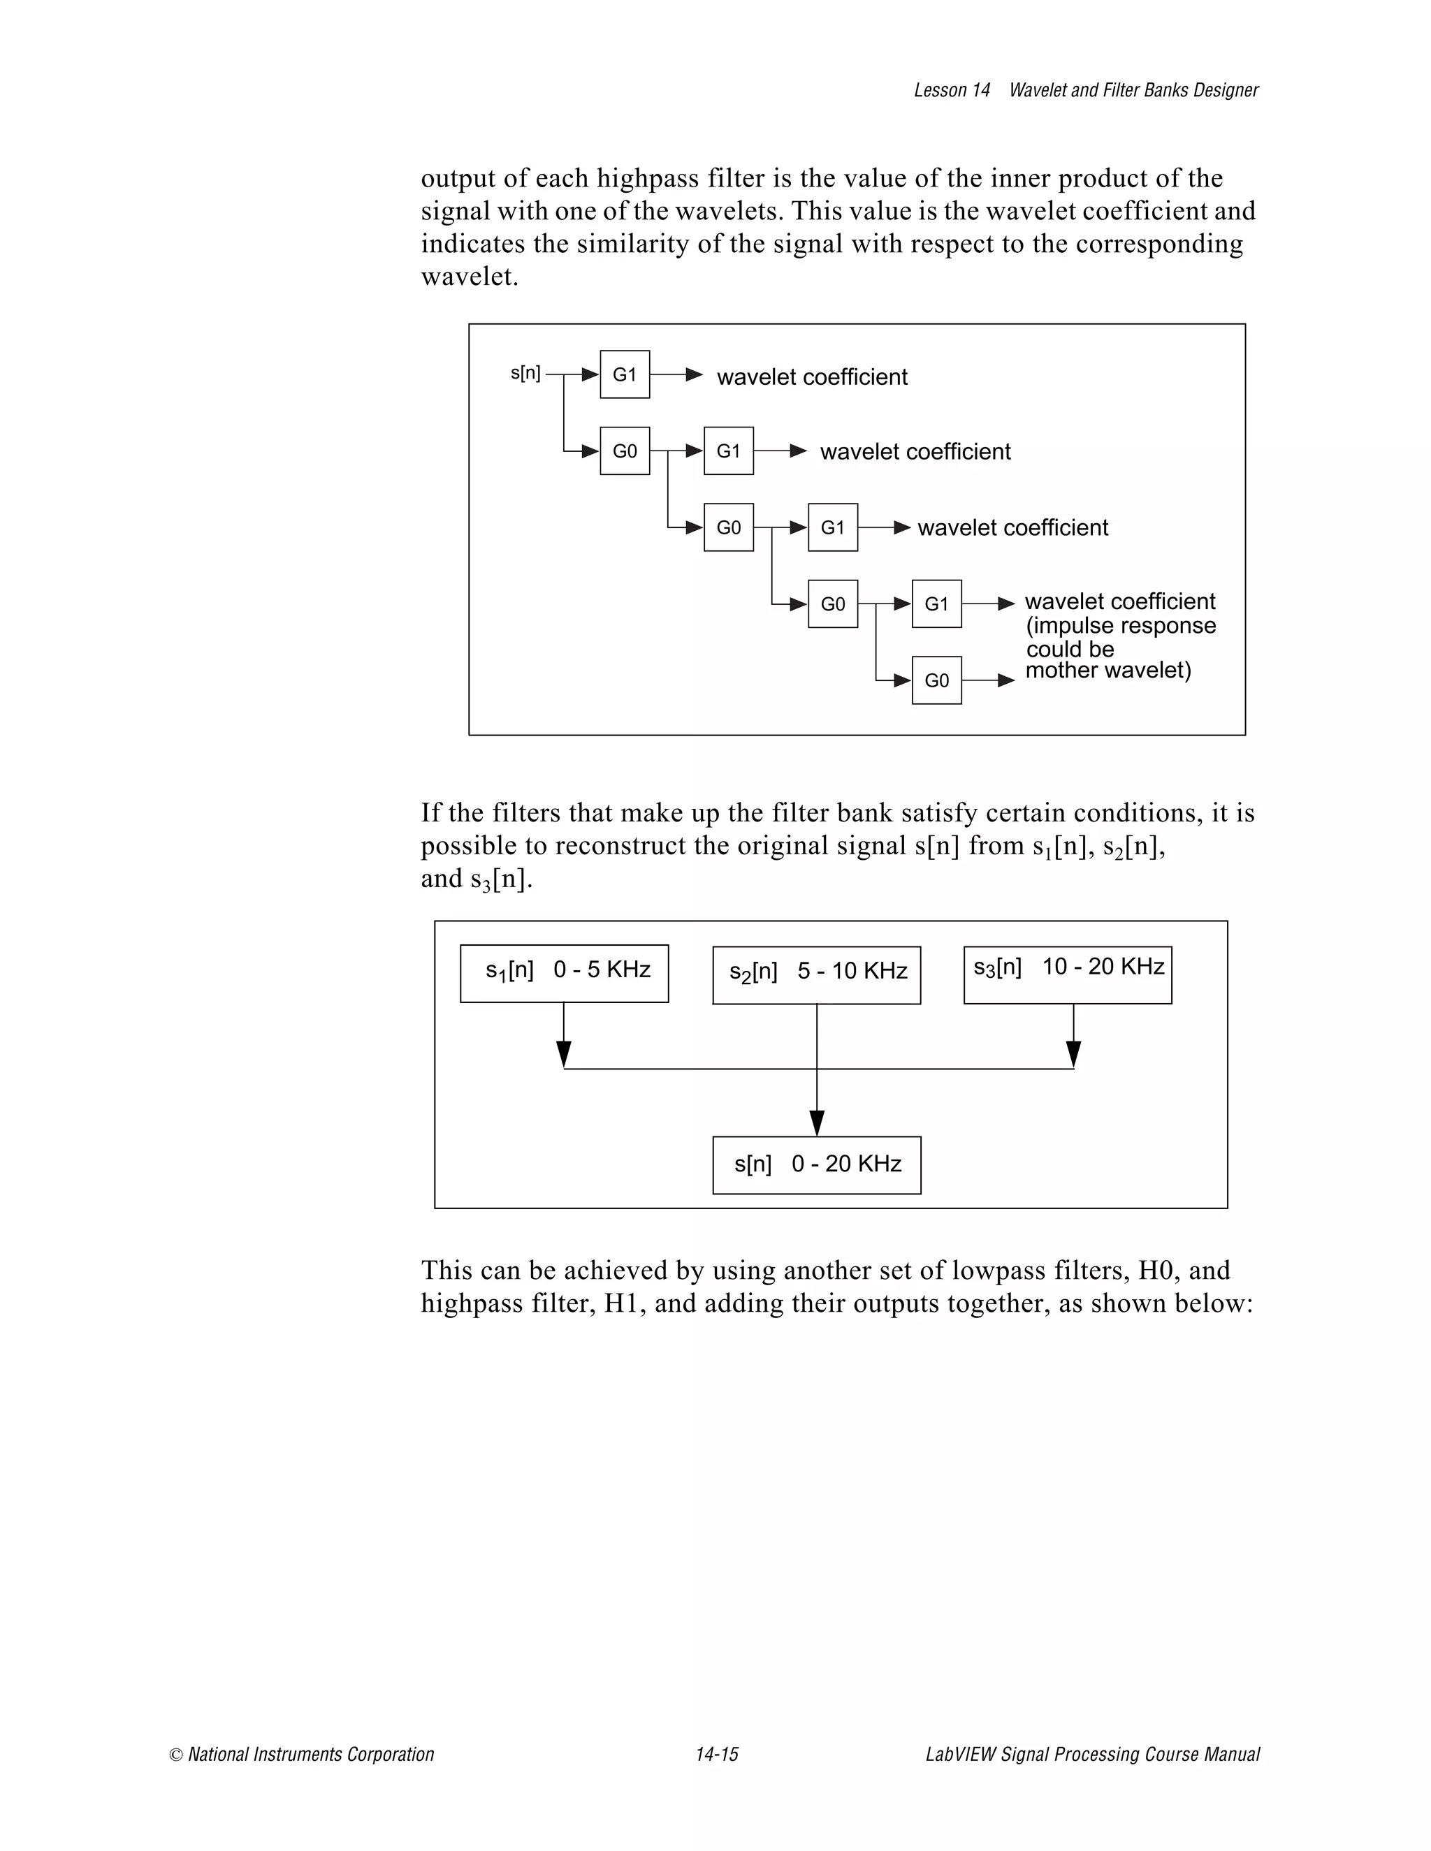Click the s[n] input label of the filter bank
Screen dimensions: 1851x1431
(x=525, y=373)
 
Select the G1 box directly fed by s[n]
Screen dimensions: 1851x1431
(x=625, y=374)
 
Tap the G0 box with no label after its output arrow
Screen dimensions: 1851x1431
(x=937, y=680)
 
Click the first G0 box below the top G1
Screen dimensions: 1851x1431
(x=625, y=451)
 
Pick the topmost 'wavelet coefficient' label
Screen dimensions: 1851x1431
(x=812, y=377)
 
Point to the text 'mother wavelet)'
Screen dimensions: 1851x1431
(x=1108, y=671)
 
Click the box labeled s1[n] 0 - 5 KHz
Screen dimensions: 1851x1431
(x=565, y=974)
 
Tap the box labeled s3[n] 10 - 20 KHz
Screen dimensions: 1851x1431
(x=1068, y=974)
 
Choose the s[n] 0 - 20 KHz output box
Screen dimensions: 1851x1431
(x=816, y=1165)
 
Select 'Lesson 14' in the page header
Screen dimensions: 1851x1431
(x=951, y=91)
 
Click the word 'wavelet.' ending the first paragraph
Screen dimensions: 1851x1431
(x=470, y=277)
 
